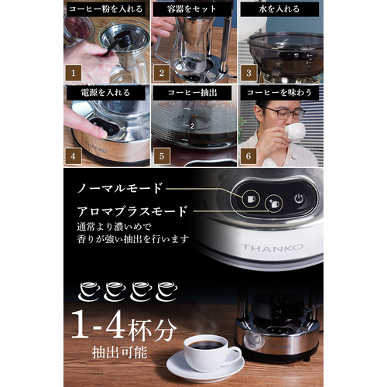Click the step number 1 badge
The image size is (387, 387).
tap(73, 73)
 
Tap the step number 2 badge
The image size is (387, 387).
tap(162, 73)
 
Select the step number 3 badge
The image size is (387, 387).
tap(248, 73)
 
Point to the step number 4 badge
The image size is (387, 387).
tap(73, 156)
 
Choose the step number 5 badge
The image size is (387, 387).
tap(162, 156)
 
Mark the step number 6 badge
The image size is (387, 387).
tap(248, 156)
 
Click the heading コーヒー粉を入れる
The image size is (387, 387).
tap(106, 9)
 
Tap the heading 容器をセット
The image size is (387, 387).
tap(191, 9)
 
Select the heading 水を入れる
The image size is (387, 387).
tap(279, 9)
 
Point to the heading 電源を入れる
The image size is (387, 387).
tap(105, 93)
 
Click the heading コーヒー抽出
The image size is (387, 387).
tap(193, 93)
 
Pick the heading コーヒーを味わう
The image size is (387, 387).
tap(279, 93)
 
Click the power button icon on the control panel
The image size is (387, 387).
tap(299, 199)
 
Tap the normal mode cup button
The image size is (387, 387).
tap(251, 199)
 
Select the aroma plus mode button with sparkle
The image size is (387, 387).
tap(274, 204)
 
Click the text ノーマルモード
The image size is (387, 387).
tap(120, 188)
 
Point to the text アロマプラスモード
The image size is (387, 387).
tap(132, 211)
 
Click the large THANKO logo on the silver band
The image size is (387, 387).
tap(272, 248)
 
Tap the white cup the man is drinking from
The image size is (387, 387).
tap(294, 132)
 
